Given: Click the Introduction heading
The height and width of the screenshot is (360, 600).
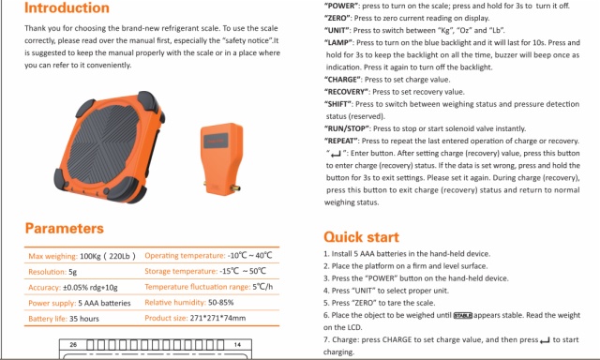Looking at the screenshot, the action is click(67, 7).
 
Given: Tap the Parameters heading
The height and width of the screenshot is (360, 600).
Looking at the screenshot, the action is click(65, 229).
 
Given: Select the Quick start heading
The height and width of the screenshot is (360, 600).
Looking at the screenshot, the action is click(361, 237).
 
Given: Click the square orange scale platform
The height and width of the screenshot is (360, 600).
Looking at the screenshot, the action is click(110, 147).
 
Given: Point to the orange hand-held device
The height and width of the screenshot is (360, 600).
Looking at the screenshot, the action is click(222, 158).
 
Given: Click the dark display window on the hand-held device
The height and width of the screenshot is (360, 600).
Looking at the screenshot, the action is click(216, 141).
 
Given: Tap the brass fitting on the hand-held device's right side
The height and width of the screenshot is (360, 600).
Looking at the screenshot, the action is click(236, 187).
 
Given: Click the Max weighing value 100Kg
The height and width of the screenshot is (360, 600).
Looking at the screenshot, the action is click(90, 256).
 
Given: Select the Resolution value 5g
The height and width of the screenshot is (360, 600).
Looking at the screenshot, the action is click(73, 272).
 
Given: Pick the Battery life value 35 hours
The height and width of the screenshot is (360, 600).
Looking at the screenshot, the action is click(84, 319).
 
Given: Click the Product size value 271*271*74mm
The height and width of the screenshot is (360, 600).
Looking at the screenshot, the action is click(217, 318).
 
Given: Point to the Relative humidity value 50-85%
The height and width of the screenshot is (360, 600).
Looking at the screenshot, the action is click(221, 302).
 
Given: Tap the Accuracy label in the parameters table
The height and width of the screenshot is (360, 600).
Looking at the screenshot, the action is click(44, 287).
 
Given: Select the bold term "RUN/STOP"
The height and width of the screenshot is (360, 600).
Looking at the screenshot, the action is click(348, 128).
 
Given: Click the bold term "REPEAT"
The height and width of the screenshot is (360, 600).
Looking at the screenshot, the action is click(342, 141).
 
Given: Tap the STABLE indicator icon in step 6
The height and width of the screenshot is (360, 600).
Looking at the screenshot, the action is click(463, 316).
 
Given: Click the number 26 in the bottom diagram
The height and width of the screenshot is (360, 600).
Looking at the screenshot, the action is click(73, 345).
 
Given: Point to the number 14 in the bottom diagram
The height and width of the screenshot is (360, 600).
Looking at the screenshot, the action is click(237, 345).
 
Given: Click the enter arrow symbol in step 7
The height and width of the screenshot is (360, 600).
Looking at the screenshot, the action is click(545, 340).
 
